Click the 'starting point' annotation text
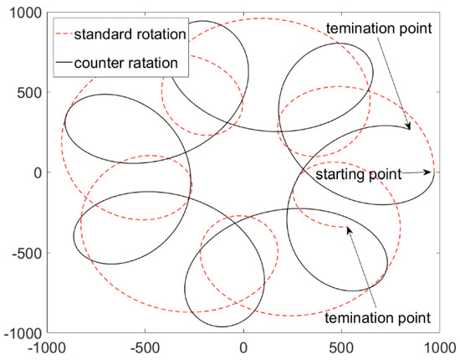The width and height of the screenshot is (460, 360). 357,175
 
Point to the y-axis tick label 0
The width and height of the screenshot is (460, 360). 34,172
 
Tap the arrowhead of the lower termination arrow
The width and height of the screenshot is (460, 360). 348,227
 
